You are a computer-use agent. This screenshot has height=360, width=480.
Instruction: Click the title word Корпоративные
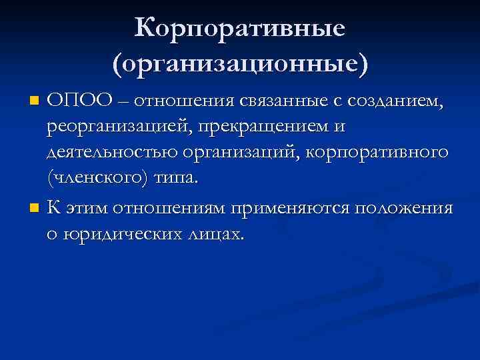239,29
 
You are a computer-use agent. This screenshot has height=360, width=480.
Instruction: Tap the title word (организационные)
239,65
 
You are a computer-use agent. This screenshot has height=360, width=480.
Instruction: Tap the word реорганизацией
117,127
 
